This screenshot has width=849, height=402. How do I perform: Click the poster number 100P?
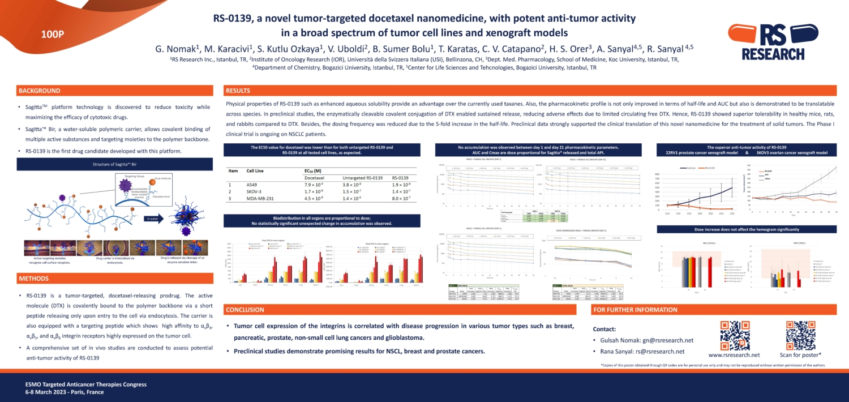pyautogui.click(x=53, y=35)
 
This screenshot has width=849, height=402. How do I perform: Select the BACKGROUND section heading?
pyautogui.click(x=39, y=91)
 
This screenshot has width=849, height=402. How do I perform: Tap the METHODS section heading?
pyautogui.click(x=34, y=279)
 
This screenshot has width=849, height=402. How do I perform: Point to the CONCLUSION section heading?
pyautogui.click(x=245, y=310)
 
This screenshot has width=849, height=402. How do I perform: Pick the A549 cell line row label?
pyautogui.click(x=251, y=185)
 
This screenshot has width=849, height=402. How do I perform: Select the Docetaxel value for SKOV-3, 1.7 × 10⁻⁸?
pyautogui.click(x=314, y=192)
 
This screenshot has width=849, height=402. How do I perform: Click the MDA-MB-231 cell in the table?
pyautogui.click(x=260, y=199)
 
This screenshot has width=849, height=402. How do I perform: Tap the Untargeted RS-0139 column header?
pyautogui.click(x=362, y=178)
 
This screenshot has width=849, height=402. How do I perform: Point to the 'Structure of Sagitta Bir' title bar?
pyautogui.click(x=115, y=164)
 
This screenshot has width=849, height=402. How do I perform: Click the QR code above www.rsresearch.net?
pyautogui.click(x=734, y=335)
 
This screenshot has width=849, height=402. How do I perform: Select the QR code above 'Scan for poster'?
pyautogui.click(x=800, y=335)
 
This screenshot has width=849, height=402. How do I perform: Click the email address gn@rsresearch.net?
pyautogui.click(x=667, y=340)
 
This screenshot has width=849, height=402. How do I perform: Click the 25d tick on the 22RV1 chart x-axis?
pyautogui.click(x=732, y=213)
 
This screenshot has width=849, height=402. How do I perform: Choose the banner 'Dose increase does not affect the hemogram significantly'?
pyautogui.click(x=747, y=229)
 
